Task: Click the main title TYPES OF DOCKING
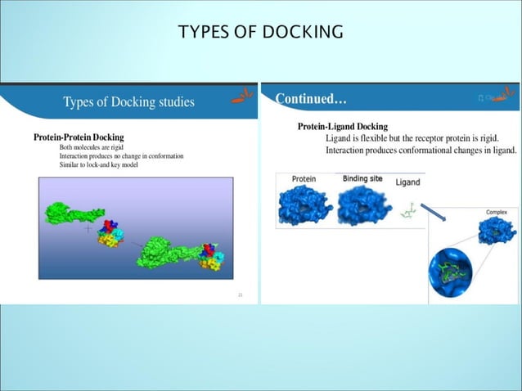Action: coord(260,32)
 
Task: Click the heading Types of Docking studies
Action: coord(128,102)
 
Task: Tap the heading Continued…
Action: coord(311,99)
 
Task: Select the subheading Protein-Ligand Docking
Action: coord(342,127)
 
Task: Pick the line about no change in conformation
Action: coord(121,155)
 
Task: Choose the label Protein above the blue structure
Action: coord(304,179)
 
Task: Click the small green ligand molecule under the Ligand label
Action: coord(407,211)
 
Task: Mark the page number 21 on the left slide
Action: coord(241,294)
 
